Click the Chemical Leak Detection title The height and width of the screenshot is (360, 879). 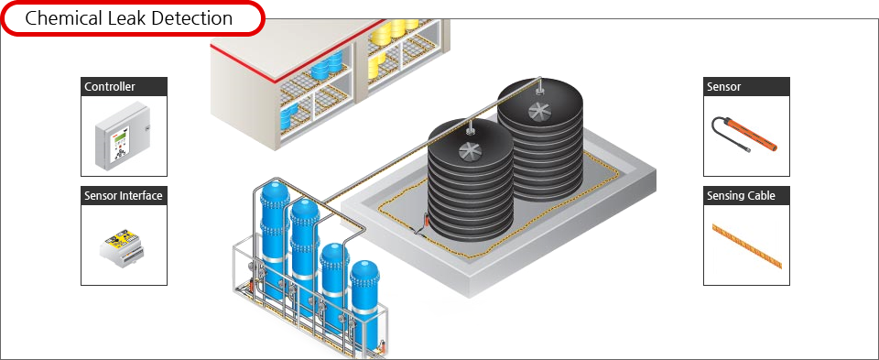point(129,18)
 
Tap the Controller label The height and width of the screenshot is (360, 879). point(110,87)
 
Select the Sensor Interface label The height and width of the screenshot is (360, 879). point(124,196)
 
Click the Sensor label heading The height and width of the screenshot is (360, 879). point(723,87)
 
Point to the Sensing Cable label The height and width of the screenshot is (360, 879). point(741,196)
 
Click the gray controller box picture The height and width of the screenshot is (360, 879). point(124,136)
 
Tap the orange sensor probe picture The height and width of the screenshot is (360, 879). point(744,135)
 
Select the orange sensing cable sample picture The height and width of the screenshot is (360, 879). point(747,245)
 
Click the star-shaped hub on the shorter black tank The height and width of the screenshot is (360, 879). point(470,151)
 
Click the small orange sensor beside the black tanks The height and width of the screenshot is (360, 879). point(426,221)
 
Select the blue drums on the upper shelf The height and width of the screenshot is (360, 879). point(327,66)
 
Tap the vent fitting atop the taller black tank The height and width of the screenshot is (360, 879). point(539,87)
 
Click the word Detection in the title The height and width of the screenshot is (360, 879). point(193,18)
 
